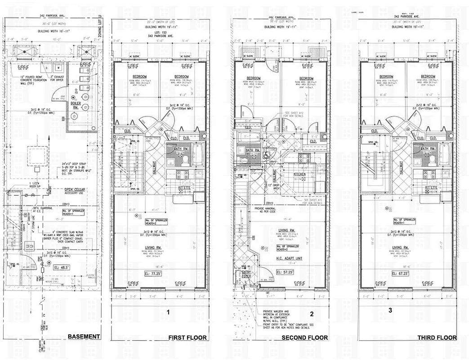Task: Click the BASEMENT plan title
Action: tap(83, 337)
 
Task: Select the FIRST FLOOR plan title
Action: tap(187, 337)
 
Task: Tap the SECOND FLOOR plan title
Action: tap(304, 337)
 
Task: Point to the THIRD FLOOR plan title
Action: tap(437, 337)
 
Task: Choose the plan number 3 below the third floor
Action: tap(390, 310)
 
